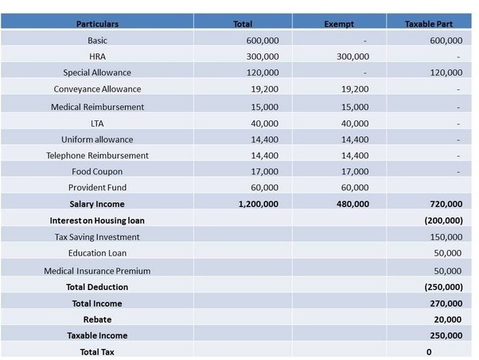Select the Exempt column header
point(339,24)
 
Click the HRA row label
point(98,57)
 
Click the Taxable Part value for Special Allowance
point(446,72)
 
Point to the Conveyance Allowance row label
point(98,88)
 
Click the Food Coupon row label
point(98,171)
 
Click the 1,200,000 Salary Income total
point(259,204)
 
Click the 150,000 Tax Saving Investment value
point(446,237)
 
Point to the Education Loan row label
point(98,253)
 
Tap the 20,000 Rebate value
point(447,319)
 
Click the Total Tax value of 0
point(429,351)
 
